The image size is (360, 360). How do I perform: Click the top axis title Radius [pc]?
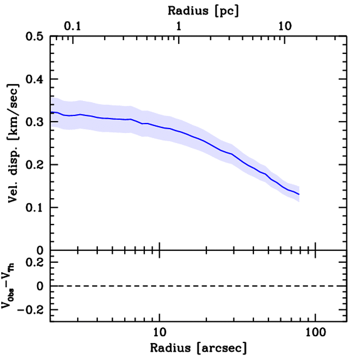[x=203, y=11]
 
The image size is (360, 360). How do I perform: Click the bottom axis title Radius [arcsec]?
[x=199, y=348]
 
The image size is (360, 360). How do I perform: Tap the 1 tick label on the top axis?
[x=179, y=26]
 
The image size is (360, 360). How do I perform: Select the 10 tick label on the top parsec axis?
[x=285, y=26]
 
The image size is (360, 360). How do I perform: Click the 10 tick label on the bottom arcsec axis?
[x=160, y=333]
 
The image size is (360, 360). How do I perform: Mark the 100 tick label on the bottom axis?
[x=315, y=333]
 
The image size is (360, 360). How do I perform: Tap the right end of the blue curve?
[x=299, y=194]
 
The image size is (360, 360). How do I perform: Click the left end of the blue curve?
[x=51, y=112]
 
